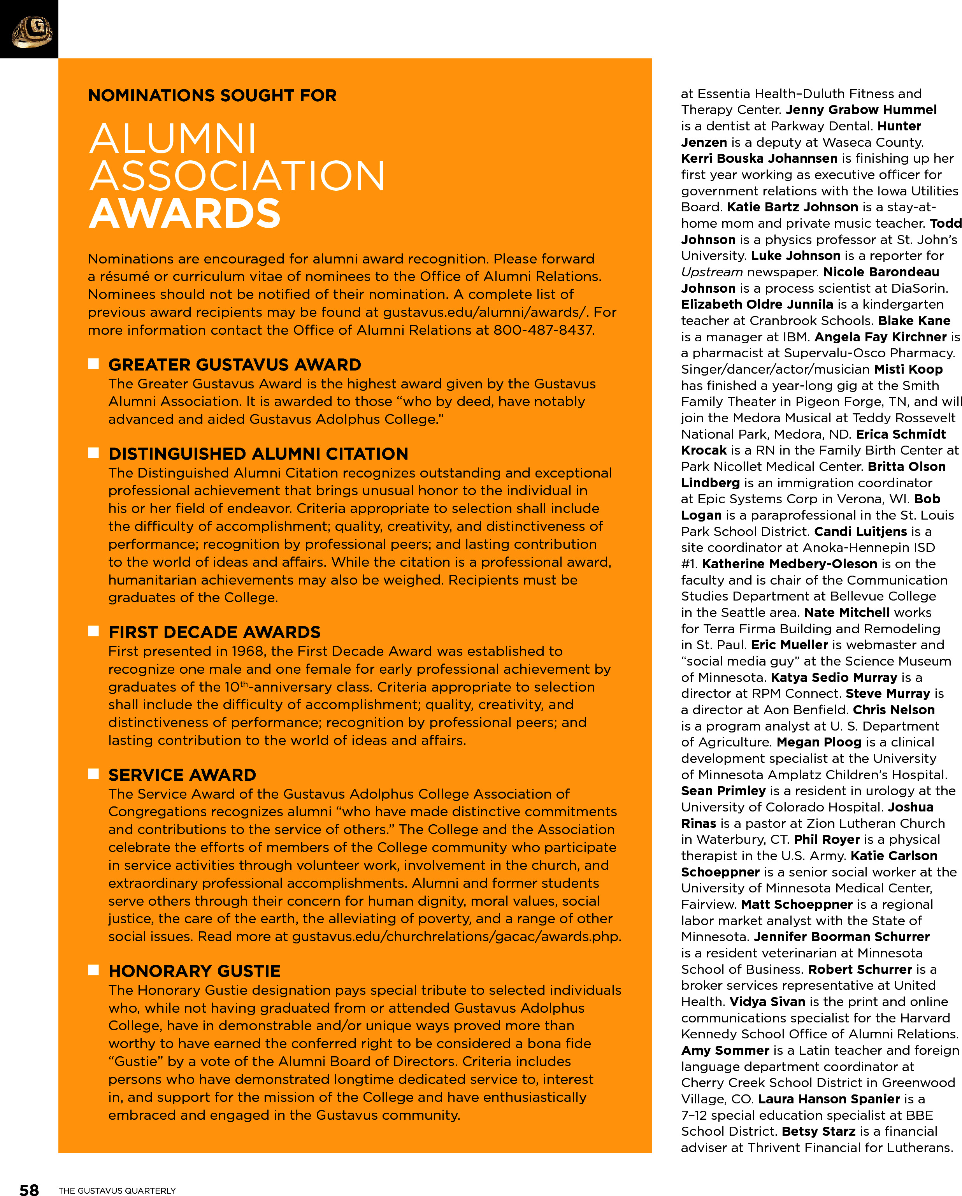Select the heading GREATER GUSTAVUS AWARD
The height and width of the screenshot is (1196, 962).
click(x=235, y=364)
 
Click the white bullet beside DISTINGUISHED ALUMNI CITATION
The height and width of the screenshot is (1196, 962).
click(x=93, y=453)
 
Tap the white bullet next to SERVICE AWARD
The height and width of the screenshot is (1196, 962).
click(x=93, y=774)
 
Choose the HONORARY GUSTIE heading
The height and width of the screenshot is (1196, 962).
click(x=194, y=971)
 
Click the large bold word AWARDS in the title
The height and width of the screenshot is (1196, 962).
click(x=185, y=214)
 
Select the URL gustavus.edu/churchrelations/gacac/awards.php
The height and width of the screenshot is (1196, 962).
click(x=456, y=936)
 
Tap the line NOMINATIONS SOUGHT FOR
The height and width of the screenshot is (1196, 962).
click(x=212, y=95)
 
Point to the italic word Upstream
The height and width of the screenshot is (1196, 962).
click(x=711, y=272)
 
